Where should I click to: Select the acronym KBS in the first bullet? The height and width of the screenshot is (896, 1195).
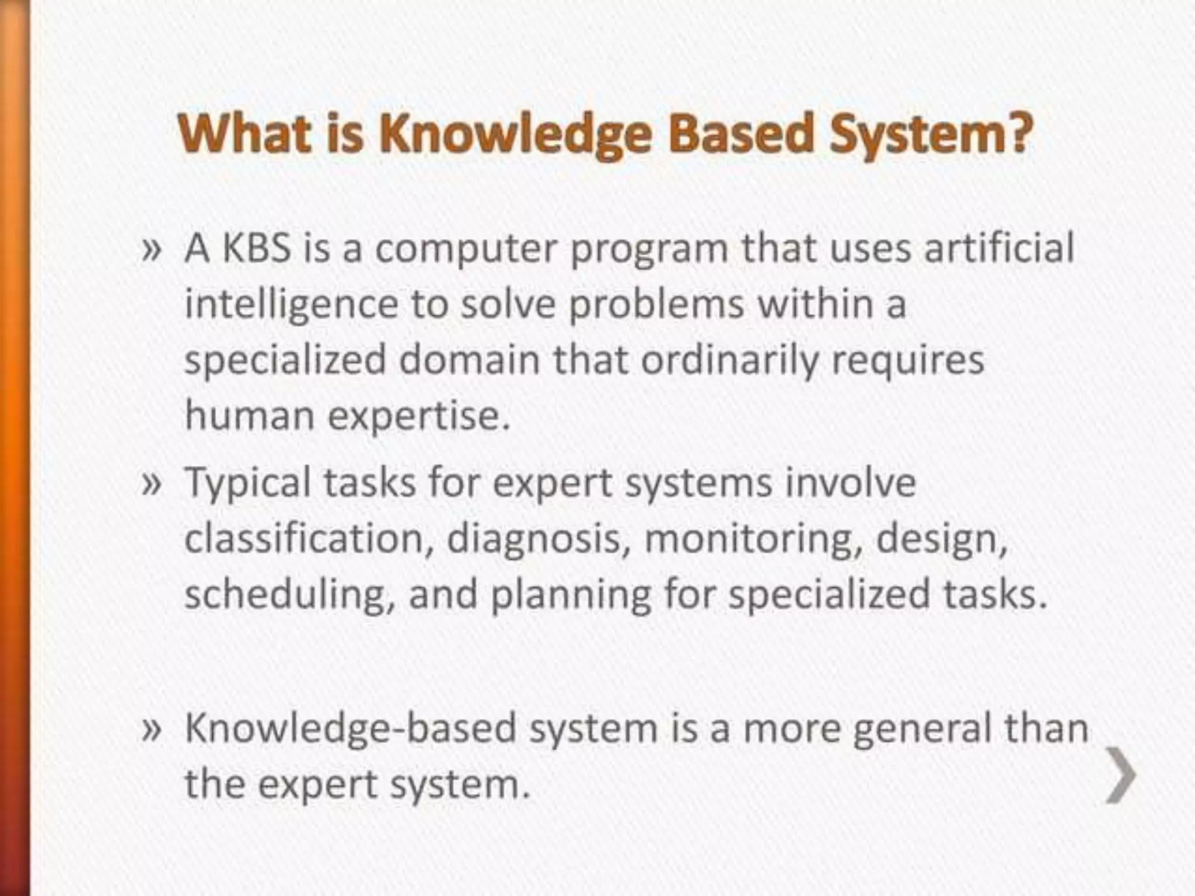tap(256, 247)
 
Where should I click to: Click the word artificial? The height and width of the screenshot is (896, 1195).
tap(1000, 247)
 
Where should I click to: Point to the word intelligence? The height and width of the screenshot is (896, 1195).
tap(291, 305)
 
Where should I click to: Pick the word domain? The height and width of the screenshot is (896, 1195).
tap(469, 359)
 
